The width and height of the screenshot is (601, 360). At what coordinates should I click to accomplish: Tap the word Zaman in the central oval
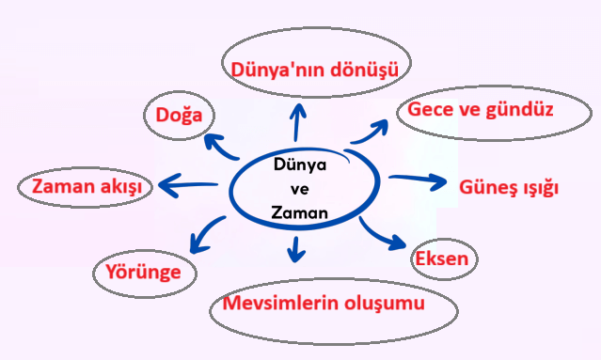point(298,213)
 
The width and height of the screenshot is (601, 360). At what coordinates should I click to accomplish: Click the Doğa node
point(178,116)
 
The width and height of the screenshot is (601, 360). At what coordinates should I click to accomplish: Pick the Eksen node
point(445,258)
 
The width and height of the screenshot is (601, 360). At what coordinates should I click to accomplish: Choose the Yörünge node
point(144,274)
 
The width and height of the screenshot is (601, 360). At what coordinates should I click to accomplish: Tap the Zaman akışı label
point(86,186)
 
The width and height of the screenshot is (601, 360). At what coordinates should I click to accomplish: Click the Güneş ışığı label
point(509,186)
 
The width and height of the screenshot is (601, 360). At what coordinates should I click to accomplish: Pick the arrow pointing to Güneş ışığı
point(419,180)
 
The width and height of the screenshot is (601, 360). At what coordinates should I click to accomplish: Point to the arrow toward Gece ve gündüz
point(370,133)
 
